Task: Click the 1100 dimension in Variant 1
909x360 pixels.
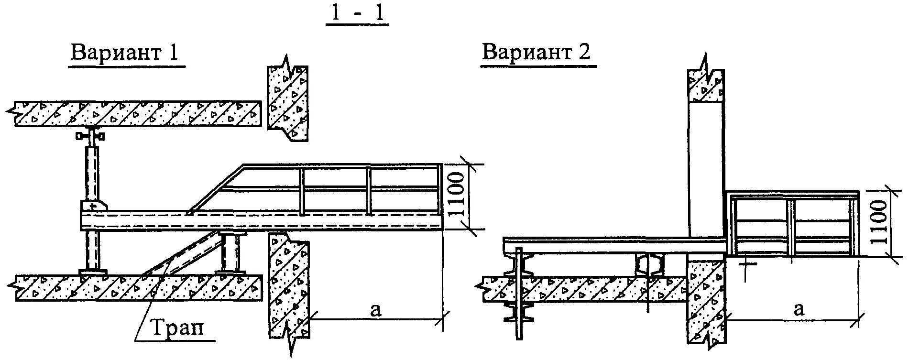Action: click(457, 196)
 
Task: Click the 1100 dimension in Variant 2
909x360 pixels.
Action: click(879, 222)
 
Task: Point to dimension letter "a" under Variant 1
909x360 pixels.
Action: click(376, 310)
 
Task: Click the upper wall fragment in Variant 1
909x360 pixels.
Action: click(287, 103)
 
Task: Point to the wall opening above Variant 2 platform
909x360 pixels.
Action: click(706, 167)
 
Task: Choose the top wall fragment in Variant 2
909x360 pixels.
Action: click(706, 86)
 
